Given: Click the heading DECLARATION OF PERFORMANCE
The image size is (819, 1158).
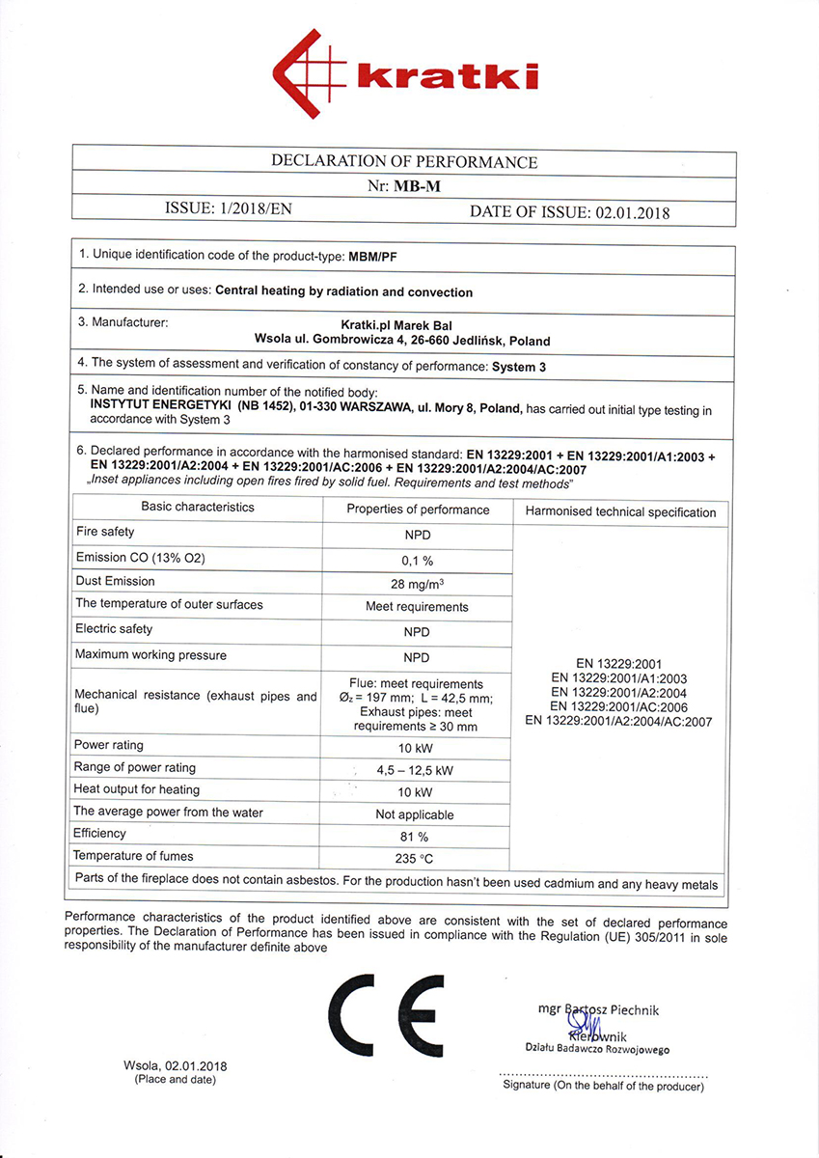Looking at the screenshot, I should (404, 161).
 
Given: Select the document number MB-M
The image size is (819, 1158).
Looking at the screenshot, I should (417, 186).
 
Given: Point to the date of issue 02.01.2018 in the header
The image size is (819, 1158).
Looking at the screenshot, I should (632, 212).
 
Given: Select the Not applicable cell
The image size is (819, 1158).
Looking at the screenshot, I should (414, 813).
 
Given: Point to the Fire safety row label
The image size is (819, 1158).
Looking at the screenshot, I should (105, 532).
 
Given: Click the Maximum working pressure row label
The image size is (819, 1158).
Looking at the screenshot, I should (150, 655).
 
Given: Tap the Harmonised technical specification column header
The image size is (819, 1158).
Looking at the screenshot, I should (620, 512).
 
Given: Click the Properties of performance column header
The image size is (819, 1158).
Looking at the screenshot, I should (418, 510).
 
